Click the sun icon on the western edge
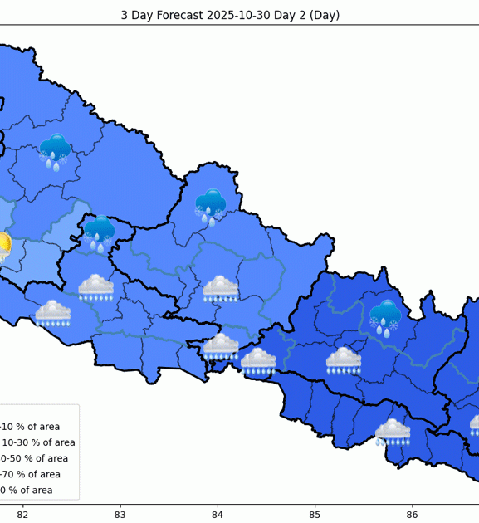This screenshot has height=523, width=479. coord(3,246)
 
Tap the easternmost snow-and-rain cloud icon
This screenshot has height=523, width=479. coord(385,316)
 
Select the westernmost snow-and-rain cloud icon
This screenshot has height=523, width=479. coord(55,151)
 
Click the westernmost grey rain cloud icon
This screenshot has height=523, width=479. coord(52,313)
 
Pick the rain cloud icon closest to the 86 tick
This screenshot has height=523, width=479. coord(392,432)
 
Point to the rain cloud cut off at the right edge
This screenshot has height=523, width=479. coord(474,425)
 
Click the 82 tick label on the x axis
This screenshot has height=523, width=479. coord(22,515)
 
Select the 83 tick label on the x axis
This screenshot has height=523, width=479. coord(120,515)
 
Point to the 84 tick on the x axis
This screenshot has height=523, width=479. coord(218,515)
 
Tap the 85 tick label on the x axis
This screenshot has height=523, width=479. coord(315,515)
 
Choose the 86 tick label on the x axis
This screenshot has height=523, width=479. coord(412,515)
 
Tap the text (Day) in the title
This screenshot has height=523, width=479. coord(324,15)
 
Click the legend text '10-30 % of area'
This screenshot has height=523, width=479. coord(38,442)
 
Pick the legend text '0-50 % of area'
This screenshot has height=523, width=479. coord(34,458)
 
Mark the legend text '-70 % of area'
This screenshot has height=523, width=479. coord(30,474)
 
